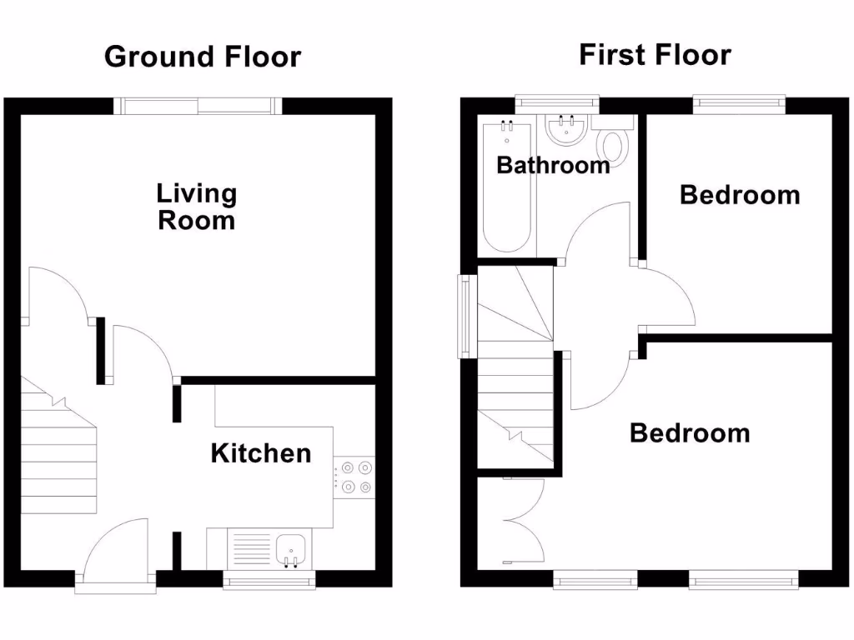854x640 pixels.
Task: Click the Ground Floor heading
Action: pyautogui.click(x=202, y=57)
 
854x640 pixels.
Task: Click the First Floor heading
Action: pyautogui.click(x=655, y=55)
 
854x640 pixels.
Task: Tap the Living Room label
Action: pyautogui.click(x=197, y=207)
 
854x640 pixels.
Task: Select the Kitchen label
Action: pyautogui.click(x=260, y=453)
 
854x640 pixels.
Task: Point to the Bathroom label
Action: pyautogui.click(x=553, y=165)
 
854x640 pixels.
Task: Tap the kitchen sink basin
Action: pyautogui.click(x=291, y=548)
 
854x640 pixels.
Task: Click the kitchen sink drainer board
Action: pyautogui.click(x=251, y=549)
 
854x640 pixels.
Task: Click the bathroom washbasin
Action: pyautogui.click(x=567, y=130)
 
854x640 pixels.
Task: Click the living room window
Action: pyautogui.click(x=197, y=105)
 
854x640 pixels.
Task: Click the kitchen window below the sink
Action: pyautogui.click(x=269, y=580)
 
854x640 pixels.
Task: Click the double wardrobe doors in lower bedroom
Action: pyautogui.click(x=524, y=521)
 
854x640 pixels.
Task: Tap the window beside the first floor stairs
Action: pyautogui.click(x=463, y=317)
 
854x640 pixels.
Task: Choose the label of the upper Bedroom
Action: pyautogui.click(x=740, y=195)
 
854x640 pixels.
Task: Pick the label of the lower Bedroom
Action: pyautogui.click(x=689, y=433)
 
